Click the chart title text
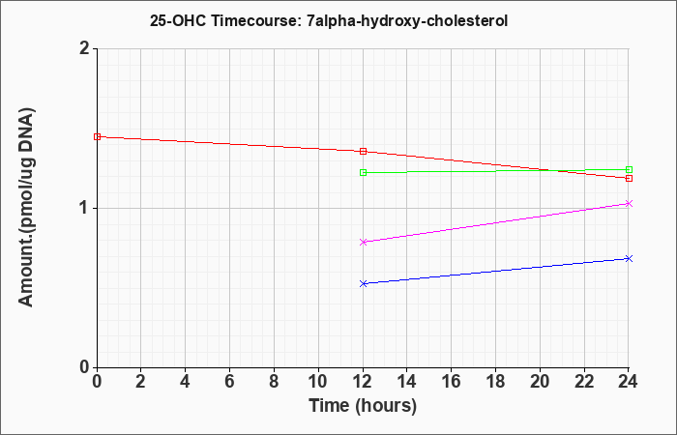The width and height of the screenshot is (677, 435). [x=329, y=20]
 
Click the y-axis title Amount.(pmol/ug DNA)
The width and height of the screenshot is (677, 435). [x=26, y=208]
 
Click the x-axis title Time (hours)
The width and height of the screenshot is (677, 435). [x=363, y=406]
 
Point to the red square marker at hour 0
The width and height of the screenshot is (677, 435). [x=97, y=137]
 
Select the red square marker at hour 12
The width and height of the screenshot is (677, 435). [x=363, y=152]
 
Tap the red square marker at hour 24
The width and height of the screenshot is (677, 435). [x=629, y=178]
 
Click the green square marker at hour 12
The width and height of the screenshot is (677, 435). [x=363, y=173]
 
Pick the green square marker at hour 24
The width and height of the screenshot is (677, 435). [x=629, y=169]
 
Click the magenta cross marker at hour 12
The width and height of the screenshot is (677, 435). [x=363, y=242]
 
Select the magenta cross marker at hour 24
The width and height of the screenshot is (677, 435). [x=629, y=204]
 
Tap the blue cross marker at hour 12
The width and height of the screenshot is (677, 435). [x=363, y=283]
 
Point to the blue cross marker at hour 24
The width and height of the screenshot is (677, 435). [x=629, y=258]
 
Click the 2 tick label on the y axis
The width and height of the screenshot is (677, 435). [x=85, y=48]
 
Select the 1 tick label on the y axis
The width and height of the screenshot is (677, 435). [x=85, y=209]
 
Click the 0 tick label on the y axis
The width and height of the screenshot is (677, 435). [x=85, y=367]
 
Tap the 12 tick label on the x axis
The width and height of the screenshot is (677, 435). [x=363, y=382]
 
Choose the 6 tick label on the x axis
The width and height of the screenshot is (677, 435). [x=230, y=382]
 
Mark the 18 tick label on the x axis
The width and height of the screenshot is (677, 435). [x=495, y=382]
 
